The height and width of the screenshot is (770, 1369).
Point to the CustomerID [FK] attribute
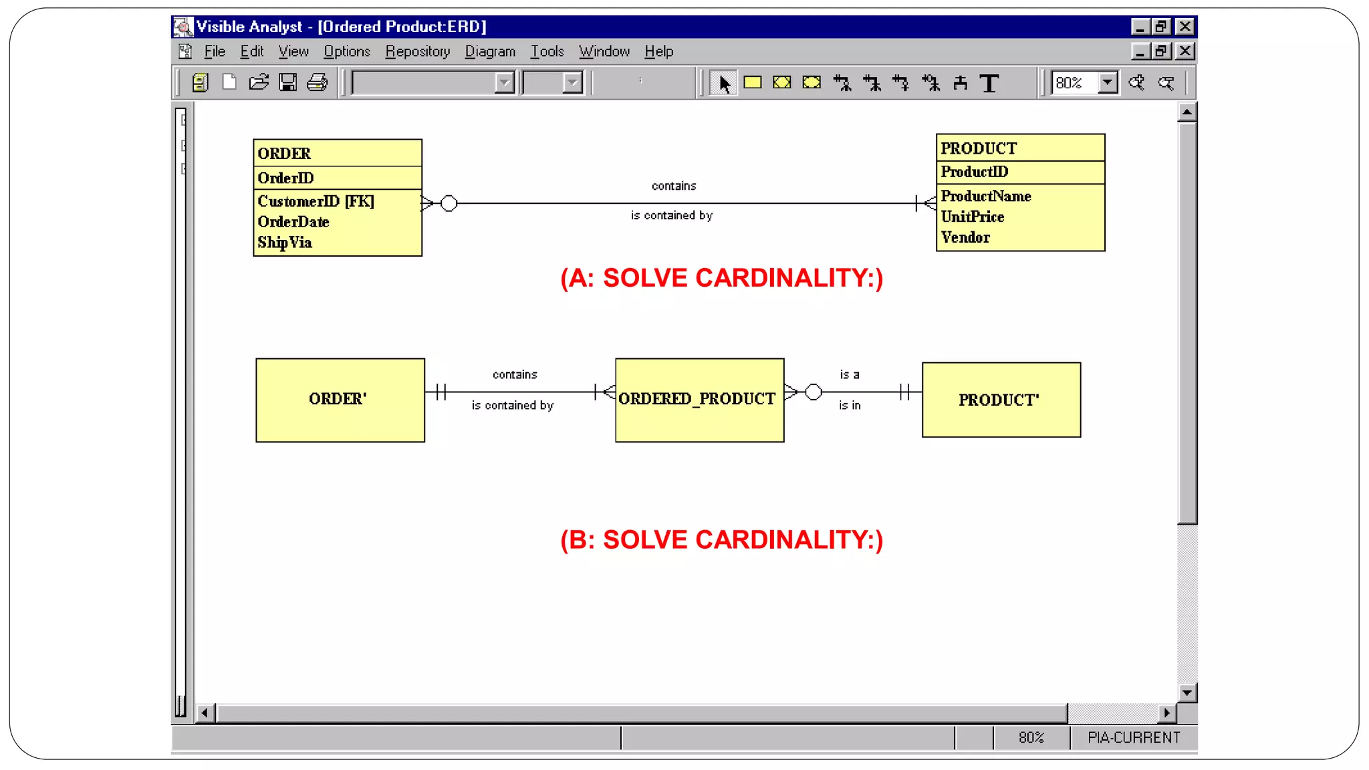pos(316,201)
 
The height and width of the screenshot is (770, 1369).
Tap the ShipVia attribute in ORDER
pos(285,243)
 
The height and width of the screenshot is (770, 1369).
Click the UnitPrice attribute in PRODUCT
pos(972,217)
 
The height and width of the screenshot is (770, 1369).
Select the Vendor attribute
pos(965,237)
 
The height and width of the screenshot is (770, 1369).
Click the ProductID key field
pos(974,172)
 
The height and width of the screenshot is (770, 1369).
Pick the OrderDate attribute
pos(293,222)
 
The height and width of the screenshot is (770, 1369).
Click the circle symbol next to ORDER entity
pos(449,203)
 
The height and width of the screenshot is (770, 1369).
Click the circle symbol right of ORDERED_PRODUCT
pos(814,392)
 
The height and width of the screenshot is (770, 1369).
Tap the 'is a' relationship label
pos(850,375)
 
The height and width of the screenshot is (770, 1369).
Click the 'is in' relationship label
pos(850,406)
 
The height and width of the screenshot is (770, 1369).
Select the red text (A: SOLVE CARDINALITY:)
pos(721,278)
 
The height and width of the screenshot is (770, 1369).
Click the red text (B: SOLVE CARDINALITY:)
pos(721,540)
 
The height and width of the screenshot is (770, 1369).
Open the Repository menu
pos(417,51)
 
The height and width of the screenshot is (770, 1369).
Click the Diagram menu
pos(490,51)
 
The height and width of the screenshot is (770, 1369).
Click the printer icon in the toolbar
pos(318,83)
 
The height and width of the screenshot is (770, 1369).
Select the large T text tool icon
pos(989,83)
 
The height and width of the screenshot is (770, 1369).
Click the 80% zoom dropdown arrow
pos(1108,83)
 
